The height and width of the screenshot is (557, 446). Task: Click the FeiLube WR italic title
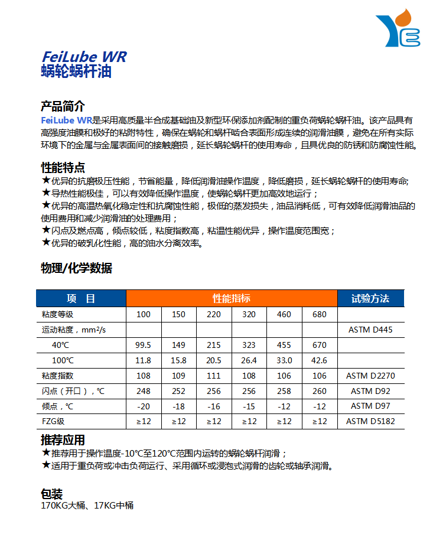(x=84, y=57)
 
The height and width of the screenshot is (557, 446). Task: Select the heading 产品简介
(x=63, y=106)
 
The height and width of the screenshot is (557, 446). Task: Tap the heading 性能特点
(x=63, y=167)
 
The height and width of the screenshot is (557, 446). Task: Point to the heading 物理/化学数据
(x=76, y=268)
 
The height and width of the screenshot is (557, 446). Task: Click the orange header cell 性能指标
(x=232, y=298)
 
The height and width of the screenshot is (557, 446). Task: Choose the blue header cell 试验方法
(x=370, y=298)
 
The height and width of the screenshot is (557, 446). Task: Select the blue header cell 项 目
(x=81, y=298)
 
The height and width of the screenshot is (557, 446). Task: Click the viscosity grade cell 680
(x=319, y=314)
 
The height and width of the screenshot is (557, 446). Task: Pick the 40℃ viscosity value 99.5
(x=144, y=345)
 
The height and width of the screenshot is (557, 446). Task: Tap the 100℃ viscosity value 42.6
(x=319, y=360)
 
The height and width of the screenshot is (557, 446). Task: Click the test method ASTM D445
(x=370, y=330)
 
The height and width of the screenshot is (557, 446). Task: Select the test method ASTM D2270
(x=370, y=376)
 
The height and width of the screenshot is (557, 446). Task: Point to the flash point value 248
(x=144, y=391)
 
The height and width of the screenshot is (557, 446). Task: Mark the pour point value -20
(x=144, y=406)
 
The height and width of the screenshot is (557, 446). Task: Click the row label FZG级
(x=53, y=422)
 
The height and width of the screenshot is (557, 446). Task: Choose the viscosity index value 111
(x=214, y=376)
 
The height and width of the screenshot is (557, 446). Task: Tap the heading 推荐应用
(x=63, y=440)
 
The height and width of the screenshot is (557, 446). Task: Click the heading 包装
(x=51, y=494)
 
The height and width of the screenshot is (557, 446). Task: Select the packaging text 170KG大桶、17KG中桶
(x=87, y=506)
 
